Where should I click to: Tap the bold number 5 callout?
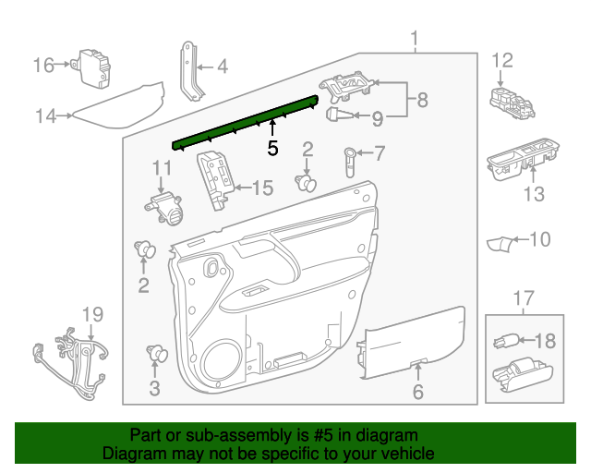(272, 147)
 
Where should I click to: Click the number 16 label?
(44, 65)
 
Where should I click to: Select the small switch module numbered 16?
(94, 67)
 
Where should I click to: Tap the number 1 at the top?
(415, 39)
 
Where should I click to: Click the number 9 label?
(377, 117)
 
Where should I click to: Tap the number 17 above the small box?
(524, 298)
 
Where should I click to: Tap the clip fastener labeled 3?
(155, 354)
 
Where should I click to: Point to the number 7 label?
(380, 153)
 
